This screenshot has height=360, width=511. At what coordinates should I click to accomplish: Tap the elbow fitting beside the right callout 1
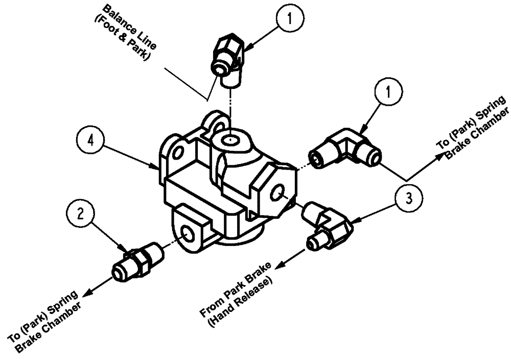[347, 150]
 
